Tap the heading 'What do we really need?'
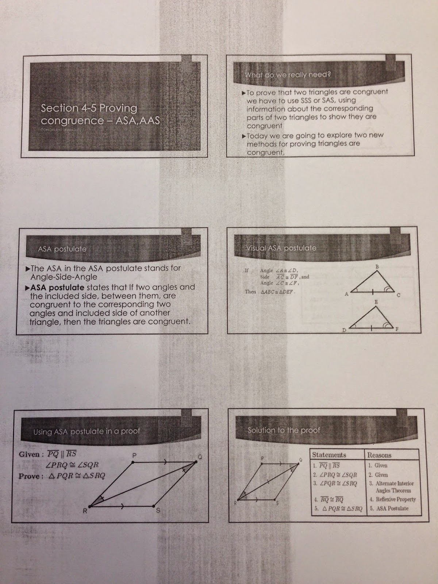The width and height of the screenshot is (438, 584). tap(288, 75)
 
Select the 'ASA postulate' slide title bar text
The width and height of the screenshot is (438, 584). tap(62, 249)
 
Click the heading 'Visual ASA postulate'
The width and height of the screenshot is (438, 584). tap(281, 248)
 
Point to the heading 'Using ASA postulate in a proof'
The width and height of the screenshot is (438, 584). tap(87, 431)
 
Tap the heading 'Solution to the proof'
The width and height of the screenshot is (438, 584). tap(284, 430)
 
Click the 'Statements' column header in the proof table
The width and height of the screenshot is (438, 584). tap(329, 455)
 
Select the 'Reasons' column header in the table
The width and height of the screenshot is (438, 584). tap(379, 455)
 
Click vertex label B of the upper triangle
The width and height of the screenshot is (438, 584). tap(377, 267)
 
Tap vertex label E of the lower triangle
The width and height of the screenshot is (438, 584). tap(376, 302)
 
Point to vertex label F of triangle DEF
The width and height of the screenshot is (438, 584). tap(397, 329)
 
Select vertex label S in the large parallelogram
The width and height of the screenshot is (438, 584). tap(158, 510)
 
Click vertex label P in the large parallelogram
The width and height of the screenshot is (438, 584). tap(134, 455)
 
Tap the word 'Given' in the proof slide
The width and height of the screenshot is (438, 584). tap(29, 454)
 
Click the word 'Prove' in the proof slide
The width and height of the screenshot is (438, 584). tap(29, 476)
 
